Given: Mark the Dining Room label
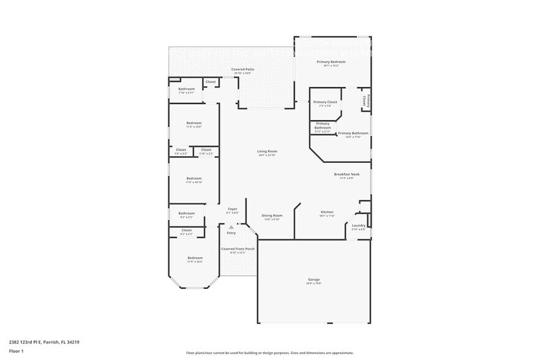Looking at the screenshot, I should (272, 217).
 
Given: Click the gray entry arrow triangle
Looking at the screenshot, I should (231, 227).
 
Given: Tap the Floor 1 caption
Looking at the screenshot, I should (16, 351).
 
